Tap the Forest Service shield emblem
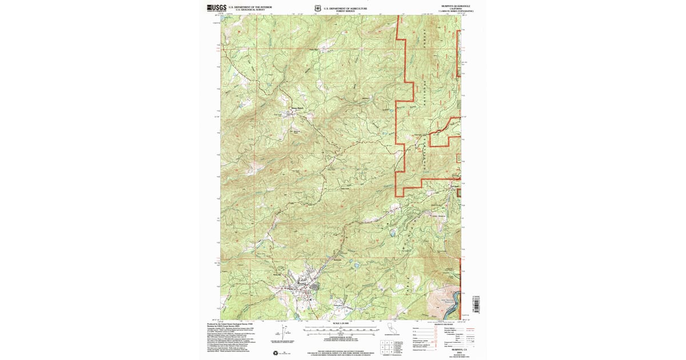point(318,9)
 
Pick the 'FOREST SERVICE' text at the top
point(345,10)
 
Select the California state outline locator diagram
point(392,328)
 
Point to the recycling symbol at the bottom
point(276,353)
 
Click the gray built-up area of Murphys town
point(312,286)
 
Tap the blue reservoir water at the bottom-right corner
point(452,309)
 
